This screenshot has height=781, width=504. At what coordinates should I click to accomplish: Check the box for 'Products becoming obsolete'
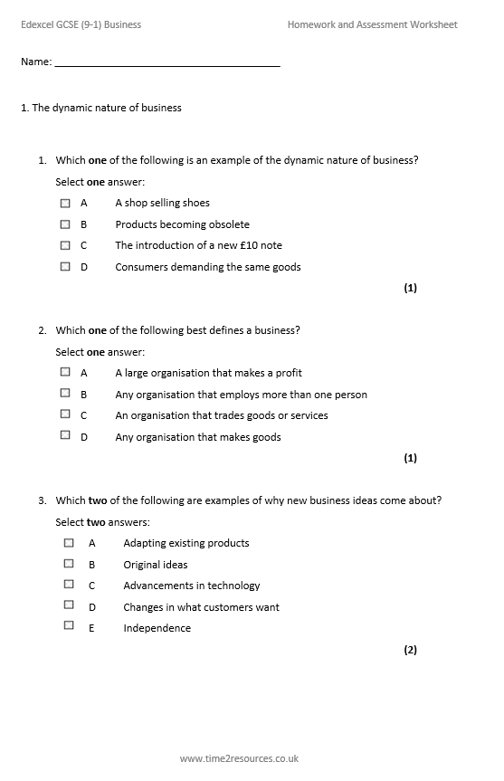(65, 224)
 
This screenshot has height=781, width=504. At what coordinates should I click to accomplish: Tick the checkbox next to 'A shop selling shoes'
(65, 203)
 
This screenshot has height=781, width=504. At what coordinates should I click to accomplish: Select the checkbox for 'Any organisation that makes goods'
(65, 435)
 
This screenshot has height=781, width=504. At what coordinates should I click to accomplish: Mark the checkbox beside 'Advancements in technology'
(69, 585)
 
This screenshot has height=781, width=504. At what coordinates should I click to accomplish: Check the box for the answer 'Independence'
(69, 625)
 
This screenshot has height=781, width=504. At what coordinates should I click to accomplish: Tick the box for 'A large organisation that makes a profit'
(65, 371)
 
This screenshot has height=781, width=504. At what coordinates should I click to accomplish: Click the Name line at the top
(167, 63)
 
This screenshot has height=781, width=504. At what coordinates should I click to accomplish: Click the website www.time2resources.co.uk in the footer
(239, 758)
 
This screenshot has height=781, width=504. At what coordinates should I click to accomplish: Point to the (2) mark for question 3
(410, 650)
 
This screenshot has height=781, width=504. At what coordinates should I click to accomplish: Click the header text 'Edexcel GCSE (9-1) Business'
(81, 24)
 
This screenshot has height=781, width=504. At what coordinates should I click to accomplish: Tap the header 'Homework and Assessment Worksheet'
(372, 24)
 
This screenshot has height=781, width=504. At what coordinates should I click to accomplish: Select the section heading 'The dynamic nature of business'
(107, 108)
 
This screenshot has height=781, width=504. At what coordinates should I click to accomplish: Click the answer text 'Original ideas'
(156, 565)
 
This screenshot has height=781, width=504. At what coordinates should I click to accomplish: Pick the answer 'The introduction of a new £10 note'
(198, 245)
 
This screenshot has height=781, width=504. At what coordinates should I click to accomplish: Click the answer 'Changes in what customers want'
(201, 607)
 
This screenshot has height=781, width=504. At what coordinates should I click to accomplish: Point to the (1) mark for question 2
(410, 458)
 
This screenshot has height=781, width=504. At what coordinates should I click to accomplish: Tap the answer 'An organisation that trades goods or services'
(222, 415)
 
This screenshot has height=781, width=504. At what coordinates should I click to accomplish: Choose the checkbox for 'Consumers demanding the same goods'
(65, 266)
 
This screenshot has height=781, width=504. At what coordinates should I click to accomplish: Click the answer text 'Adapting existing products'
(186, 543)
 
